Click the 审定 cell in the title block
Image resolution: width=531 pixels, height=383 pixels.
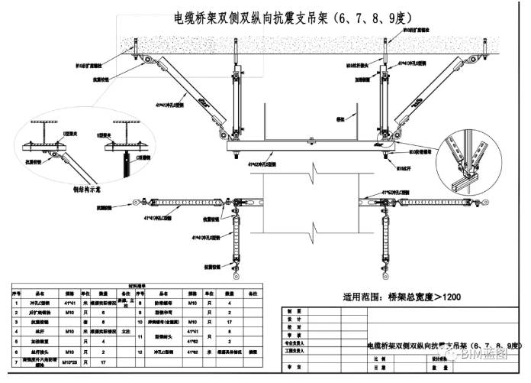point(289,368)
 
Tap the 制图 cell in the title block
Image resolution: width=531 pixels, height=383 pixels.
point(289,310)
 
